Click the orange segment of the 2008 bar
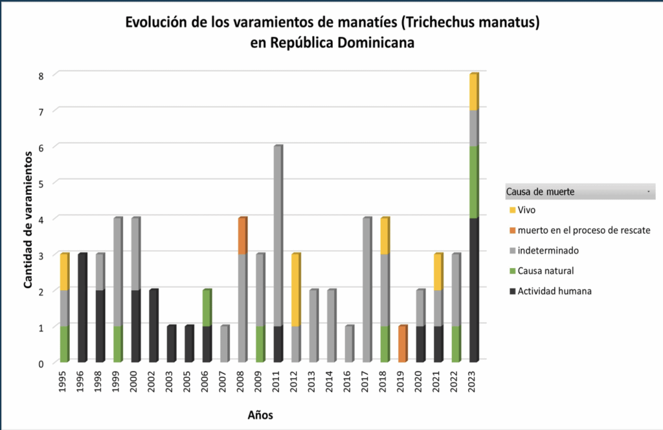click(x=242, y=236)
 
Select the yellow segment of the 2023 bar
click(x=473, y=92)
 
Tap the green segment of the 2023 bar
click(x=473, y=182)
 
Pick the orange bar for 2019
click(x=403, y=344)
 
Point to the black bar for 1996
click(x=82, y=308)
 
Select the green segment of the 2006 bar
click(x=207, y=308)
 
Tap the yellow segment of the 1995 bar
click(x=64, y=272)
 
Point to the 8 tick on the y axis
click(x=40, y=76)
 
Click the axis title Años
click(x=260, y=415)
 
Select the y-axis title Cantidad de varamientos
click(x=28, y=219)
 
